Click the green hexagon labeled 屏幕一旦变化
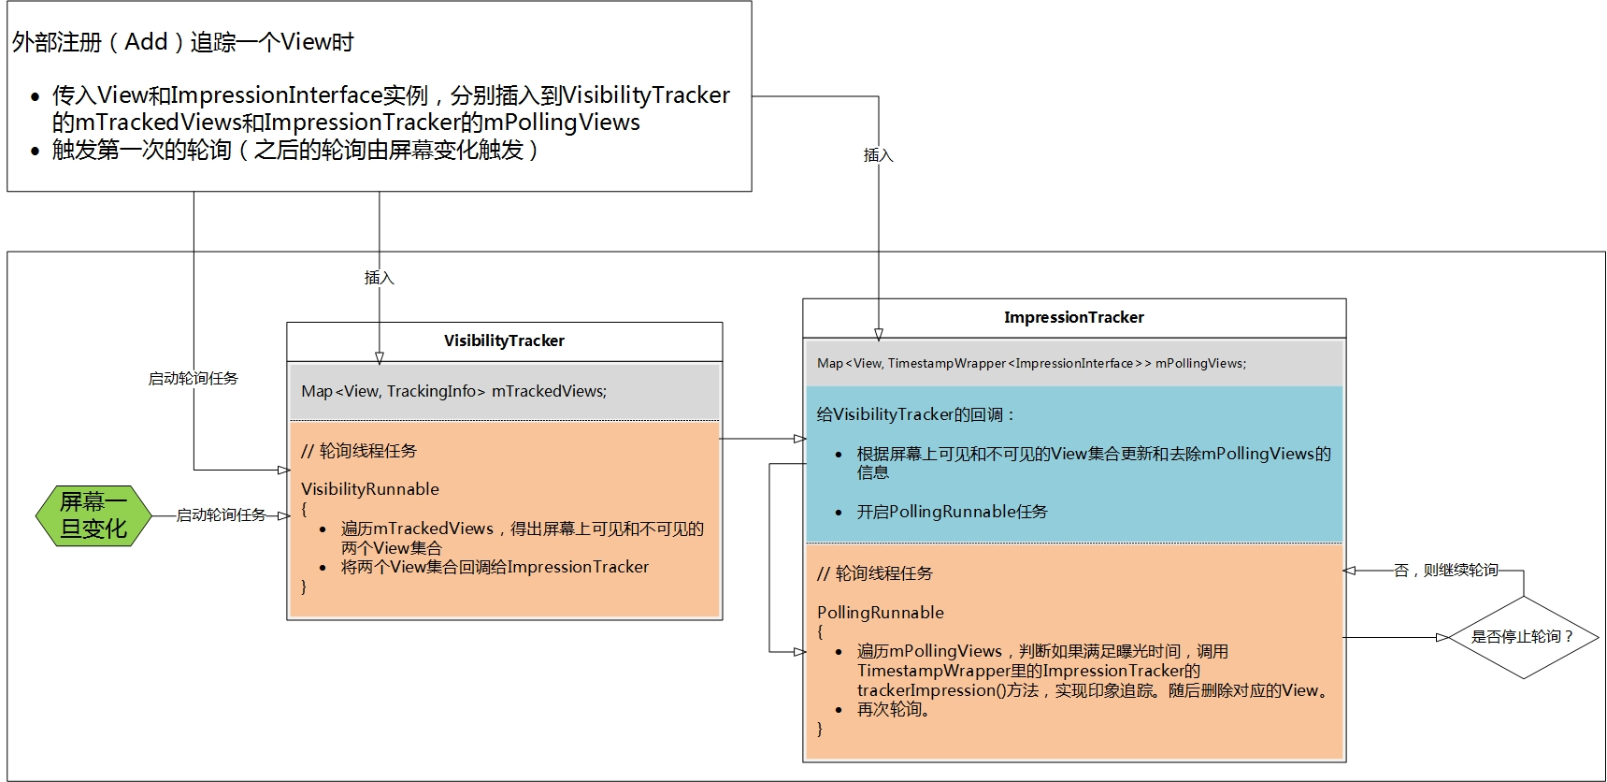tap(93, 515)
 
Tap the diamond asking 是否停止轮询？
tap(1523, 637)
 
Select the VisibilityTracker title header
tap(504, 341)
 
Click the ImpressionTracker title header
tap(1073, 318)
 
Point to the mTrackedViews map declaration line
tap(454, 391)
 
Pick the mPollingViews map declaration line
tap(1031, 363)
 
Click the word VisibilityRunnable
tap(370, 489)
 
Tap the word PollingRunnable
tap(881, 613)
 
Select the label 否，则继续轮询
tap(1445, 570)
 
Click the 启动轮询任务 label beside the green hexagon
tap(222, 515)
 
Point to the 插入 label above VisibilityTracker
tap(379, 278)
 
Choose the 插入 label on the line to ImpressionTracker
tap(878, 155)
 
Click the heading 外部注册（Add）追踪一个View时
tap(183, 42)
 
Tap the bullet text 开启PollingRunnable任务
tap(952, 512)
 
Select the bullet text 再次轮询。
tap(895, 710)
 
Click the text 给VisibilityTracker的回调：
tap(916, 414)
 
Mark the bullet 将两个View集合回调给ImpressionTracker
tap(495, 567)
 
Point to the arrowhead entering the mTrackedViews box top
tap(380, 357)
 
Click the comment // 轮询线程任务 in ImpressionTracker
tap(875, 573)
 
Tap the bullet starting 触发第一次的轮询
tap(295, 150)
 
